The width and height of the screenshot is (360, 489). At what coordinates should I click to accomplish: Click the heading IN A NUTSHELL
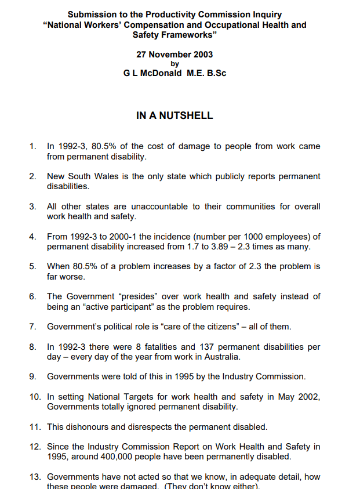174,115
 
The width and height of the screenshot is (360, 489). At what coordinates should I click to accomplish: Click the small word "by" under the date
174,64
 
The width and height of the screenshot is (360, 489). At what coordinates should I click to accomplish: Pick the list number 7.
32,327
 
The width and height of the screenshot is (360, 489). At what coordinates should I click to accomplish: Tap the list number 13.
34,477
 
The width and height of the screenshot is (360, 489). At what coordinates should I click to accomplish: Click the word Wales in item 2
107,176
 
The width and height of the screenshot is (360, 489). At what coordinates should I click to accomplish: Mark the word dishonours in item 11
89,427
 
